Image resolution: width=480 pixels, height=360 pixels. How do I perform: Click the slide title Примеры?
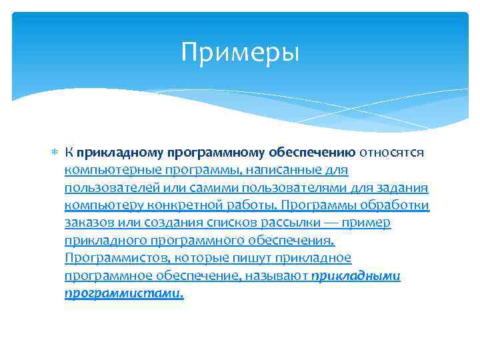coord(240,53)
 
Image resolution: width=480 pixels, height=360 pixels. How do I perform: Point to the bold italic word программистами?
coord(123,292)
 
